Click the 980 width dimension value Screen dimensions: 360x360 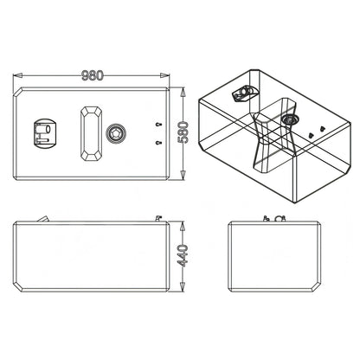click(x=93, y=75)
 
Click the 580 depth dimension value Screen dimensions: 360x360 click(x=183, y=132)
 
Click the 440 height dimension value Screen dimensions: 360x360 click(x=183, y=255)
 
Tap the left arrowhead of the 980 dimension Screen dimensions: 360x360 click(x=18, y=75)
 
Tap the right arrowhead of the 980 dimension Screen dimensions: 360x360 click(x=165, y=75)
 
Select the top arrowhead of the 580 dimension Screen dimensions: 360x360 click(x=183, y=93)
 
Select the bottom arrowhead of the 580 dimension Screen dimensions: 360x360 click(x=183, y=175)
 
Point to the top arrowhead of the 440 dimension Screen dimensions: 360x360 click(x=183, y=227)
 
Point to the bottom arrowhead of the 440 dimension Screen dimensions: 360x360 click(x=183, y=286)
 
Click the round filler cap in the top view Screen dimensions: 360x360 click(x=116, y=134)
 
